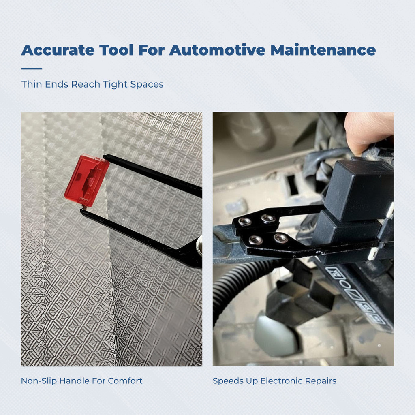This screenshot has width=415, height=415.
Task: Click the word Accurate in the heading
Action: [x=58, y=50]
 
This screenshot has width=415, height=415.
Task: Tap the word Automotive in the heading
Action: [x=217, y=50]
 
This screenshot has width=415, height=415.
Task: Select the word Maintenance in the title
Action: [x=323, y=50]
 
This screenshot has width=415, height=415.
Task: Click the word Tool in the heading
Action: [x=116, y=50]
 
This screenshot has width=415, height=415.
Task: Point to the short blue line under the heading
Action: [x=32, y=69]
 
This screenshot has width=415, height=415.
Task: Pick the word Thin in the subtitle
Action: [x=32, y=84]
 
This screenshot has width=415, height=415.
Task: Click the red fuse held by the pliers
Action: [x=87, y=180]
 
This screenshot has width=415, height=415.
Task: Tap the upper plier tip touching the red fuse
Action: [x=105, y=157]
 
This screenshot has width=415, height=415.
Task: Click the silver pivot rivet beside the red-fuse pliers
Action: [x=199, y=245]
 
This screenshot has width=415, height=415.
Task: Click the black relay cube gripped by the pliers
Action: [x=359, y=190]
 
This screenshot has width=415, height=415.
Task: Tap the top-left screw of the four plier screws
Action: [x=244, y=221]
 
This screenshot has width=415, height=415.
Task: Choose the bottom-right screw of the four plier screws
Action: [x=280, y=238]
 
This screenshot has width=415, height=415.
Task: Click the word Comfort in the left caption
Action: [x=125, y=381]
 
